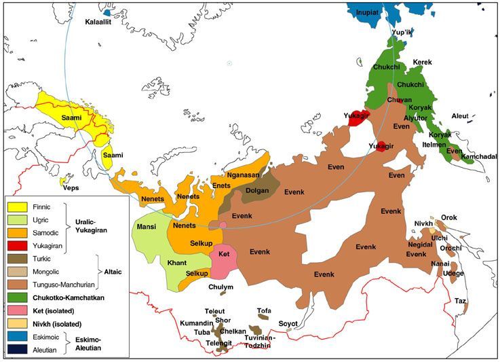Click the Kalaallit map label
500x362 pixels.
pos(100,22)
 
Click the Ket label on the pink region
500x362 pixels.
pos(224,253)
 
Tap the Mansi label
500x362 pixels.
pos(147,226)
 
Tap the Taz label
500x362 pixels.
pos(461,300)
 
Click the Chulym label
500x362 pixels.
pos(221,287)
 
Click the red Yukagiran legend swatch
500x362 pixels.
pos(17,245)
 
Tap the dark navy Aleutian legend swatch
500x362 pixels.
pos(17,348)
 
